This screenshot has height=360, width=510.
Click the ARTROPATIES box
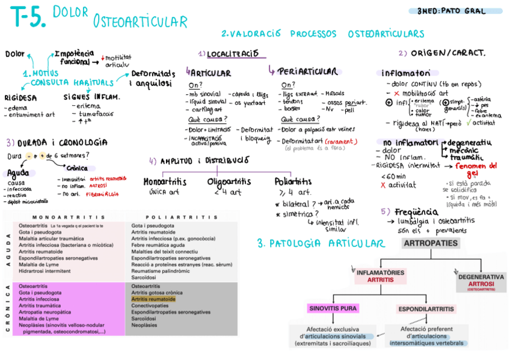(430, 244)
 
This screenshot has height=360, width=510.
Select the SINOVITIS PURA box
(333, 308)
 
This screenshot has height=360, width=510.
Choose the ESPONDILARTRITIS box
(425, 309)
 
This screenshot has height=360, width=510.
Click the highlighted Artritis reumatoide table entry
(154, 299)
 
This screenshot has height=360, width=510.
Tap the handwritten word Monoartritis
(165, 182)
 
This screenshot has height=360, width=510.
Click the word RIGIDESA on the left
(21, 96)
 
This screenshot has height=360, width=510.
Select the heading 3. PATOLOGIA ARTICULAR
(320, 243)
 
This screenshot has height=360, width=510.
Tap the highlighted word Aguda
(19, 172)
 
